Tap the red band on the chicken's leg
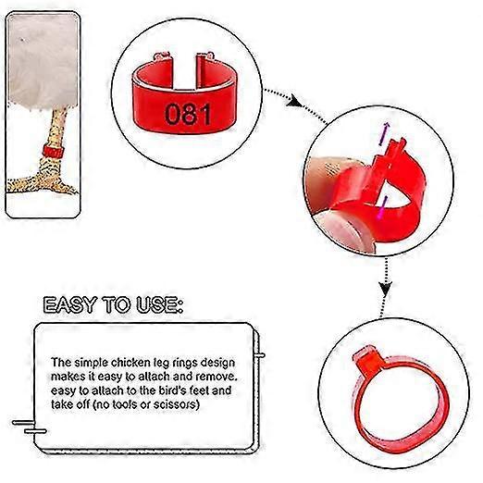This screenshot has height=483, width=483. (x=53, y=149)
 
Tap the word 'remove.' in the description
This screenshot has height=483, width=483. (x=217, y=376)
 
